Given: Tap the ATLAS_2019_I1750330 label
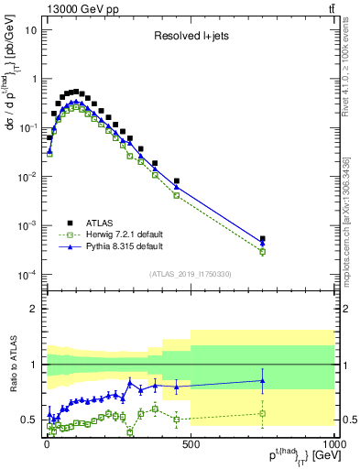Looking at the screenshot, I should (x=190, y=274).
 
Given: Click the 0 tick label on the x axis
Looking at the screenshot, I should (x=47, y=442).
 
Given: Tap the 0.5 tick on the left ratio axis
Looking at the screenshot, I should (x=30, y=420).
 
